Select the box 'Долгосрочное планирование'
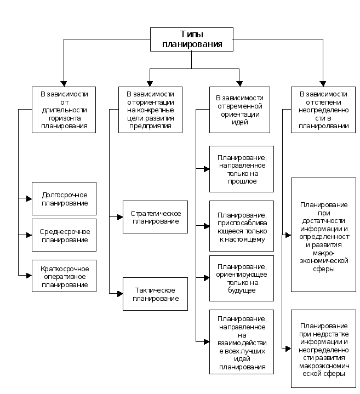click(64, 198)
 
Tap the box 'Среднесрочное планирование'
click(64, 235)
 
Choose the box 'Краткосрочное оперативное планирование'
click(64, 276)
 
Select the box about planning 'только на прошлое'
click(242, 169)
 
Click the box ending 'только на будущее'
click(242, 278)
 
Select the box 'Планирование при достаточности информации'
click(323, 235)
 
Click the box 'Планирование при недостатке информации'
click(323, 349)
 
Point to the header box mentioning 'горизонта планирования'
click(64, 110)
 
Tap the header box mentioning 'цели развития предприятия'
click(150, 110)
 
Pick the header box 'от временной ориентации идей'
click(240, 110)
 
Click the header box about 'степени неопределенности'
click(323, 110)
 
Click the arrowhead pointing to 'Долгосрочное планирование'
click(29, 198)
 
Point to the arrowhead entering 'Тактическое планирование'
click(119, 294)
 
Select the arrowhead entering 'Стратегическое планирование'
click(119, 217)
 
